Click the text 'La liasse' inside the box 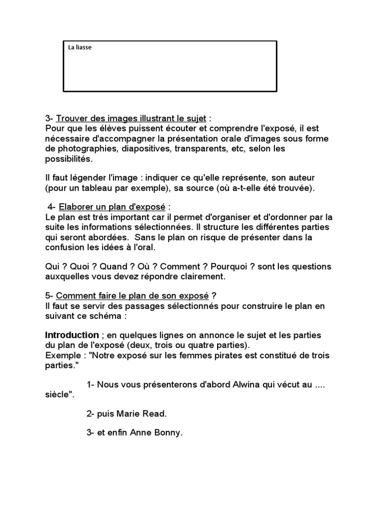tap(80, 47)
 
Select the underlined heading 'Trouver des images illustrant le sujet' tap(131, 119)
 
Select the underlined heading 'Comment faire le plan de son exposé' tap(132, 295)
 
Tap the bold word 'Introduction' tap(72, 335)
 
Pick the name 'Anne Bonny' tap(156, 432)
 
